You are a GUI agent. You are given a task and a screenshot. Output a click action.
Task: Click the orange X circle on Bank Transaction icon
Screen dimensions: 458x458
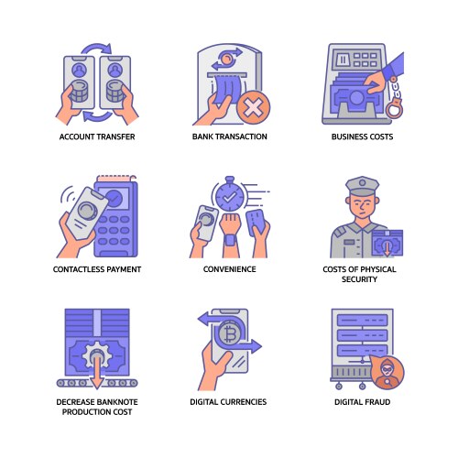tap(253, 107)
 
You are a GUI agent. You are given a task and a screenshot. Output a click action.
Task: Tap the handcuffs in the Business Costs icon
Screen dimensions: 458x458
tap(395, 98)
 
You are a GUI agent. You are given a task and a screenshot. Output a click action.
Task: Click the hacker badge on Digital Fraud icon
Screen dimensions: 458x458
tap(388, 373)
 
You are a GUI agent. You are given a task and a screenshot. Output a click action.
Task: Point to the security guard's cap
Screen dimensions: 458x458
tap(363, 186)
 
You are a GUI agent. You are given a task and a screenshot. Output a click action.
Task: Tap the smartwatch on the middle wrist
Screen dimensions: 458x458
tap(230, 240)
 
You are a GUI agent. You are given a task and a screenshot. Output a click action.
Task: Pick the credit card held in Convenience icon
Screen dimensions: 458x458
tap(256, 223)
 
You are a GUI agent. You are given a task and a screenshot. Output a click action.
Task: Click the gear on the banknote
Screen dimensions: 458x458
tap(97, 355)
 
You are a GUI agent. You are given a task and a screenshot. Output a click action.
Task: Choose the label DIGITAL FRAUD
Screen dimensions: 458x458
tap(363, 402)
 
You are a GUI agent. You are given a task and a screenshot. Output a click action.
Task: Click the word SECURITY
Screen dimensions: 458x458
tap(359, 279)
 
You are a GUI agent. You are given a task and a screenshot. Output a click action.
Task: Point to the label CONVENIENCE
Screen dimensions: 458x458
tap(230, 269)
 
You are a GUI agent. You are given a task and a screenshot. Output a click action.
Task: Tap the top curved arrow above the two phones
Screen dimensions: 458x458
tap(96, 48)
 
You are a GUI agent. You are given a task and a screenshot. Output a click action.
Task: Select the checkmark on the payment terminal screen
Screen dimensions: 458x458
tap(114, 199)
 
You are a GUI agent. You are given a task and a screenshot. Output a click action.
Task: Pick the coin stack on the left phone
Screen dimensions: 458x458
tap(80, 91)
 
